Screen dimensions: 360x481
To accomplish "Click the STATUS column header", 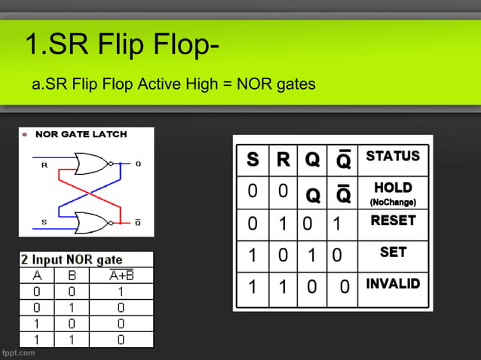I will (392, 157).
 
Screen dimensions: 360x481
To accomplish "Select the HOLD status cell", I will (393, 188).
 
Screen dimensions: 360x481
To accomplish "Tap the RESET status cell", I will (393, 221).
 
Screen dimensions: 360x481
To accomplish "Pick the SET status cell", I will (393, 252).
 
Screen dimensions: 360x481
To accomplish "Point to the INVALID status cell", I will (393, 284).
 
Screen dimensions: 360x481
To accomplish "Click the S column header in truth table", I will (253, 160).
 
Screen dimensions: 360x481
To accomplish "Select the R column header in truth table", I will (283, 160).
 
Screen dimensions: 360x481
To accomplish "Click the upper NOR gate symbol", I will (93, 163).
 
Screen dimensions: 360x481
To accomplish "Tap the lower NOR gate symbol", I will (93, 221).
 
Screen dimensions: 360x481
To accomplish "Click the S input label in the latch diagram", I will (44, 221).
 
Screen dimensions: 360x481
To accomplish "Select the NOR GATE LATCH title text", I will (81, 134).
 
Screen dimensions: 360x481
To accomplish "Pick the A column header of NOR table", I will (37, 275).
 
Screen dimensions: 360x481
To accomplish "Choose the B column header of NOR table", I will (72, 275).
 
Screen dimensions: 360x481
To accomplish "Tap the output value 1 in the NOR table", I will (121, 291).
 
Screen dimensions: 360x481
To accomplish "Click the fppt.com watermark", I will (18, 352).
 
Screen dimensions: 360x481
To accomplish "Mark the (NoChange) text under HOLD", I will (393, 203).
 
